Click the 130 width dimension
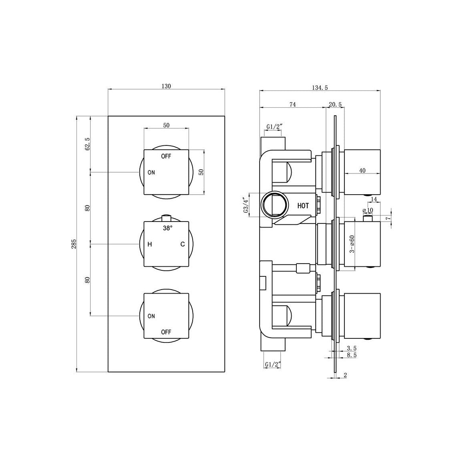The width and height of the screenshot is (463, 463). [x=166, y=86]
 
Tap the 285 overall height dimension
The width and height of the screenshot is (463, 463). [x=74, y=244]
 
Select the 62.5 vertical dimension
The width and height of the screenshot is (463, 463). [x=88, y=144]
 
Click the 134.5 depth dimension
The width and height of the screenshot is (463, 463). [x=320, y=88]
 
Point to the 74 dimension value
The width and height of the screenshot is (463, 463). [x=292, y=104]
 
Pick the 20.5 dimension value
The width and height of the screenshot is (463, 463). [x=335, y=104]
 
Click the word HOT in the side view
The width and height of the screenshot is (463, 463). [x=303, y=206]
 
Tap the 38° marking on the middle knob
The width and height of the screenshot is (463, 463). [x=168, y=228]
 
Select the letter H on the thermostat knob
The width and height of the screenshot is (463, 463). [x=150, y=244]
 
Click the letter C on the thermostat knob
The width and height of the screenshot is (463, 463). [x=182, y=244]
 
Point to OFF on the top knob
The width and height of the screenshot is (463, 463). [x=166, y=156]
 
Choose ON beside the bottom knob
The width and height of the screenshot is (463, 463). [x=151, y=316]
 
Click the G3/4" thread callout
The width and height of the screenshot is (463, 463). [x=246, y=204]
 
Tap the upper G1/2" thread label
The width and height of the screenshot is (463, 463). [x=274, y=127]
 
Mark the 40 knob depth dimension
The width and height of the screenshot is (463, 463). [x=362, y=170]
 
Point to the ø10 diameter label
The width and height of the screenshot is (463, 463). [x=367, y=210]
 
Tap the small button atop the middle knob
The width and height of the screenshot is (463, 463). [x=166, y=217]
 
